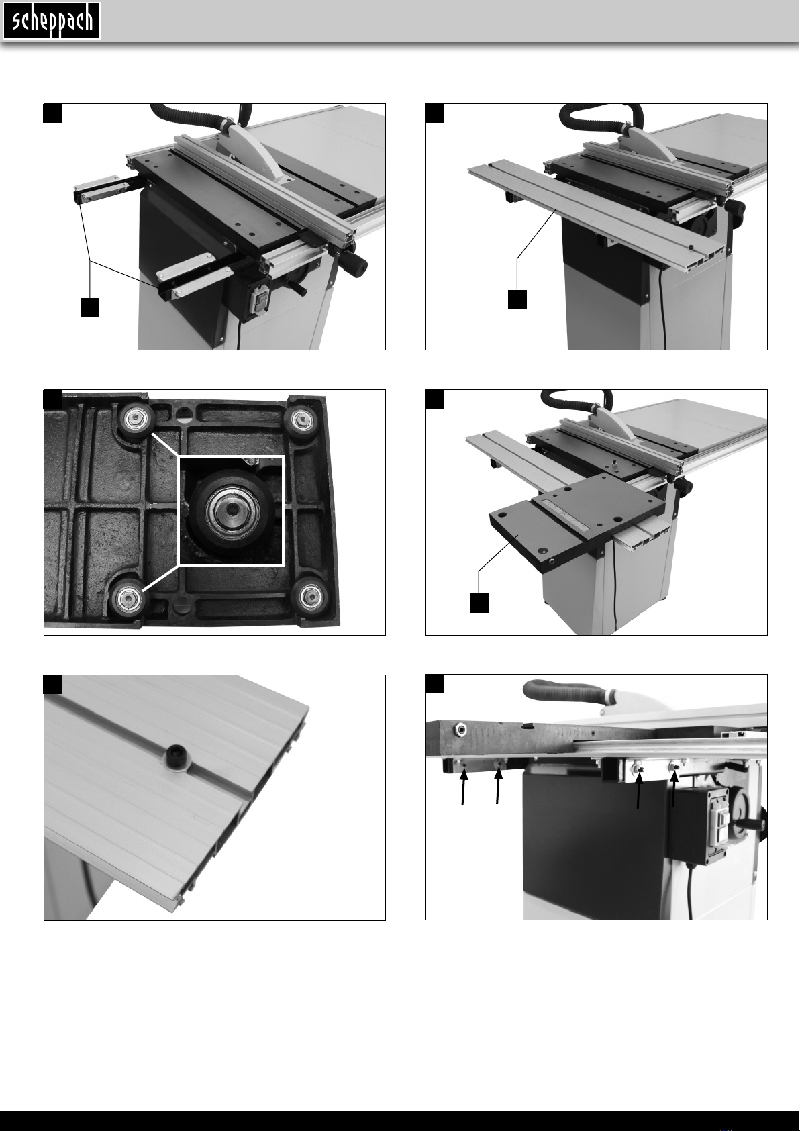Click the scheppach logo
[x=52, y=21]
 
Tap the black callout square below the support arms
[x=90, y=307]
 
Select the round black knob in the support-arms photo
[x=355, y=262]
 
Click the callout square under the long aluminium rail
[x=517, y=299]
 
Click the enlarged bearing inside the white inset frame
[x=230, y=508]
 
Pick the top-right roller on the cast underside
[x=301, y=419]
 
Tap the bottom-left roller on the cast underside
[x=128, y=597]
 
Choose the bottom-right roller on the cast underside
[x=309, y=596]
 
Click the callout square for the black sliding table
[x=479, y=603]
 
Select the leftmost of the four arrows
[x=463, y=787]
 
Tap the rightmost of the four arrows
[x=674, y=788]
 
